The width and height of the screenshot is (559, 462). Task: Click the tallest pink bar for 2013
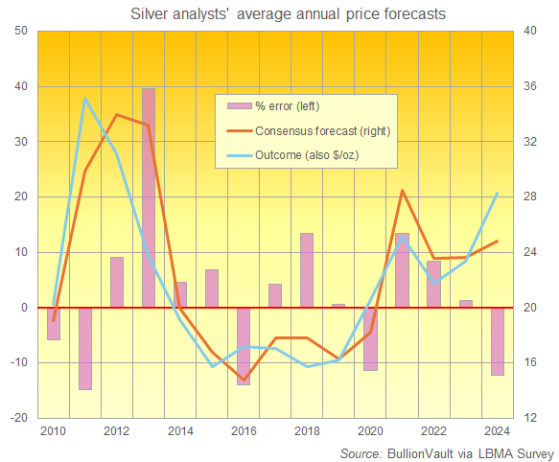pos(149,197)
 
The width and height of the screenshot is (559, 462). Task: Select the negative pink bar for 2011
pos(85,348)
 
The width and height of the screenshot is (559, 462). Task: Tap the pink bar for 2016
pos(244,345)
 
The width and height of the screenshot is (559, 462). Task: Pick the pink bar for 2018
pos(307,270)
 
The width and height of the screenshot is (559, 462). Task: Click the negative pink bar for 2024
pos(497,341)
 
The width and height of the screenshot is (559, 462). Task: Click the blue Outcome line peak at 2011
pos(85,99)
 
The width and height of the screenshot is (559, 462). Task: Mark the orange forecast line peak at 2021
pos(402,191)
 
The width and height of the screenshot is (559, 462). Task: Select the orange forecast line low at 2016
pos(244,380)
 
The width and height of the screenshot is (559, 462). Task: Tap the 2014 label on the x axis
pos(180,431)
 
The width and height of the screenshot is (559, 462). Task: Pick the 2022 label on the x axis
pos(433,431)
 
